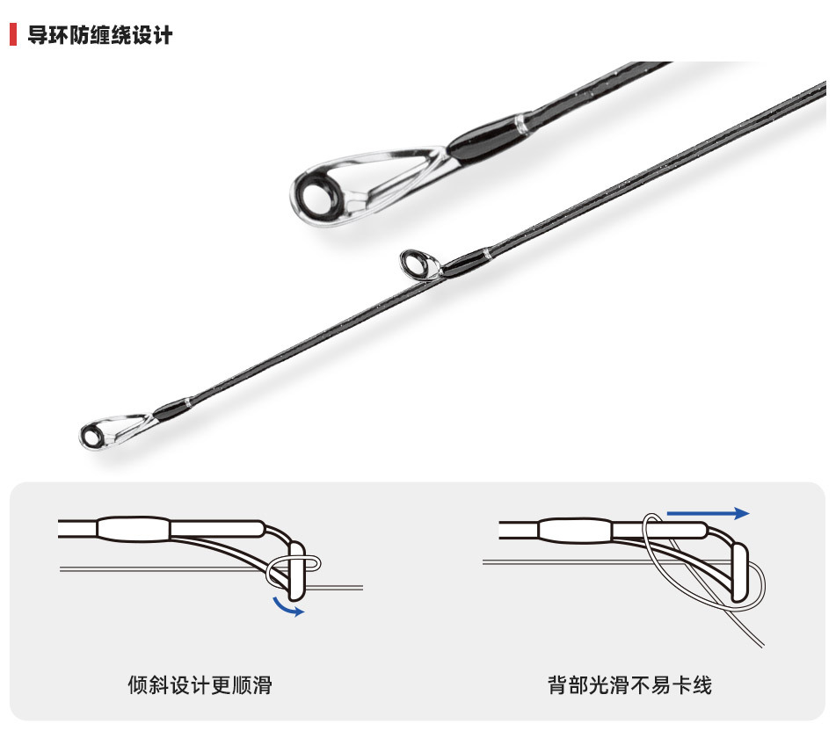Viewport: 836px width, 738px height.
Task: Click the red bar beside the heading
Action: click(13, 35)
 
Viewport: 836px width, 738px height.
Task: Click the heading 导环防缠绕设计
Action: click(99, 35)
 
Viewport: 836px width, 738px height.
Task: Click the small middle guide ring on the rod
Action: click(414, 261)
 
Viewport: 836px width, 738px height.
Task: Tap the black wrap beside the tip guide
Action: click(170, 409)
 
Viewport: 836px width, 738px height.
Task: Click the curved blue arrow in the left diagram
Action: click(288, 606)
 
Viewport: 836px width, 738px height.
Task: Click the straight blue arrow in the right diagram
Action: click(708, 513)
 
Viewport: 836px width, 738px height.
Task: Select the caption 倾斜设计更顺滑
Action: click(200, 684)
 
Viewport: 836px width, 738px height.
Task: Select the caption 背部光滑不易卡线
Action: click(629, 684)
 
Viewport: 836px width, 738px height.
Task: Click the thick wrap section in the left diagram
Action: click(133, 528)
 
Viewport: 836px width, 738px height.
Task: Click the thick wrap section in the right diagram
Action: click(573, 529)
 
